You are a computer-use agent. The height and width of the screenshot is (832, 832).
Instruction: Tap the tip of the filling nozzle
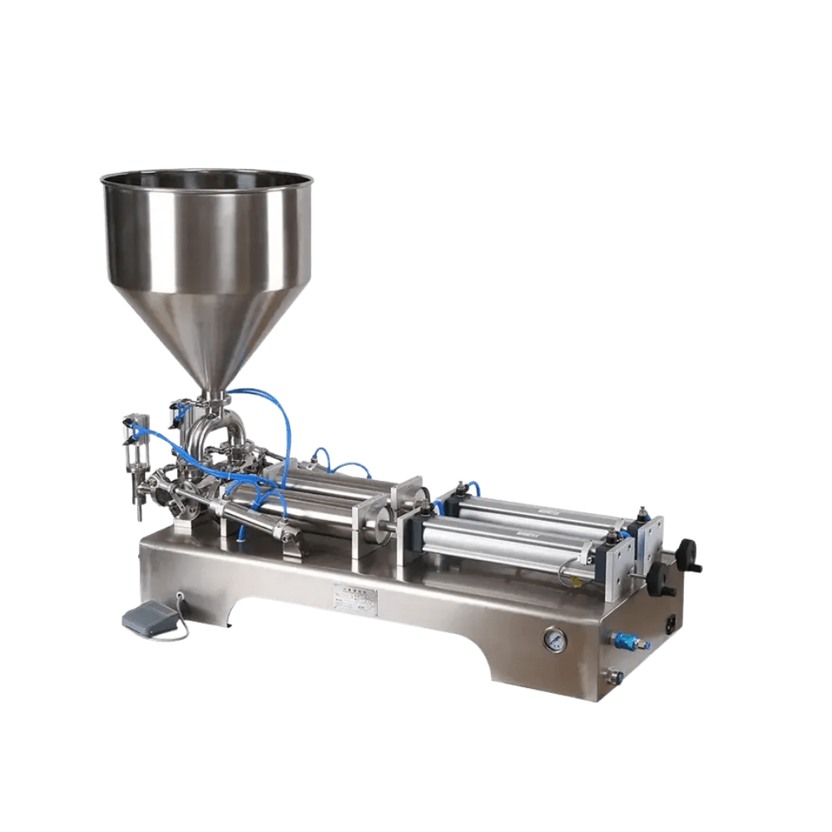[x=137, y=512]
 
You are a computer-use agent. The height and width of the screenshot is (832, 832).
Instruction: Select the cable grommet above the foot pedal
[x=181, y=596]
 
